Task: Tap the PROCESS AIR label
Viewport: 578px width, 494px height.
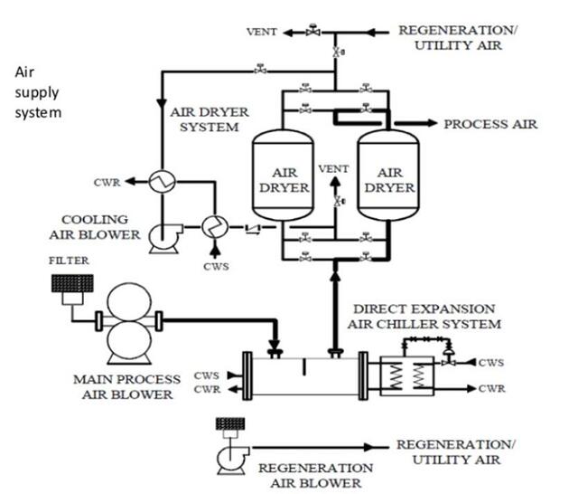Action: click(x=490, y=124)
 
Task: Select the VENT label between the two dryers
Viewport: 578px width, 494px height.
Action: click(x=334, y=169)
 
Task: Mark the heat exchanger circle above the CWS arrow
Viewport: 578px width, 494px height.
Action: click(x=212, y=223)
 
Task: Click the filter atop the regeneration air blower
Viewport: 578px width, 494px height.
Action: click(x=228, y=423)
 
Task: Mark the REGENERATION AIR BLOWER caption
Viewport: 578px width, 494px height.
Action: click(x=315, y=475)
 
